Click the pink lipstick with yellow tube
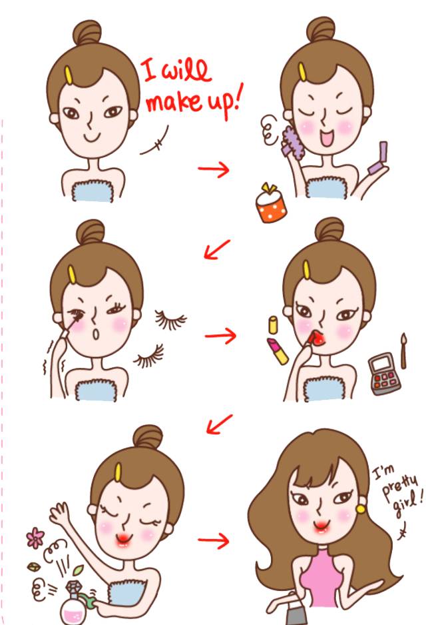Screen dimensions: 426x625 pyautogui.click(x=278, y=350)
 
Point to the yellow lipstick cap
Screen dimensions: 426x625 pyautogui.click(x=273, y=325)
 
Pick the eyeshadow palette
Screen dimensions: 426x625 pyautogui.click(x=384, y=374)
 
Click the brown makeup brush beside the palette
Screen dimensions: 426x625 pyautogui.click(x=404, y=350)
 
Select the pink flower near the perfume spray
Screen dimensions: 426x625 pyautogui.click(x=35, y=538)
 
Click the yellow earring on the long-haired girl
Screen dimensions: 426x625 pyautogui.click(x=361, y=509)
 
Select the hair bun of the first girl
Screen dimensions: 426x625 pyautogui.click(x=87, y=32)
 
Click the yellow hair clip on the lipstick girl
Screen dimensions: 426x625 pyautogui.click(x=306, y=270)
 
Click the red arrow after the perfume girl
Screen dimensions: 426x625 pyautogui.click(x=214, y=540)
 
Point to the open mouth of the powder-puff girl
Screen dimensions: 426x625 pyautogui.click(x=327, y=139)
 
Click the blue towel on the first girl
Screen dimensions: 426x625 pyautogui.click(x=93, y=191)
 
